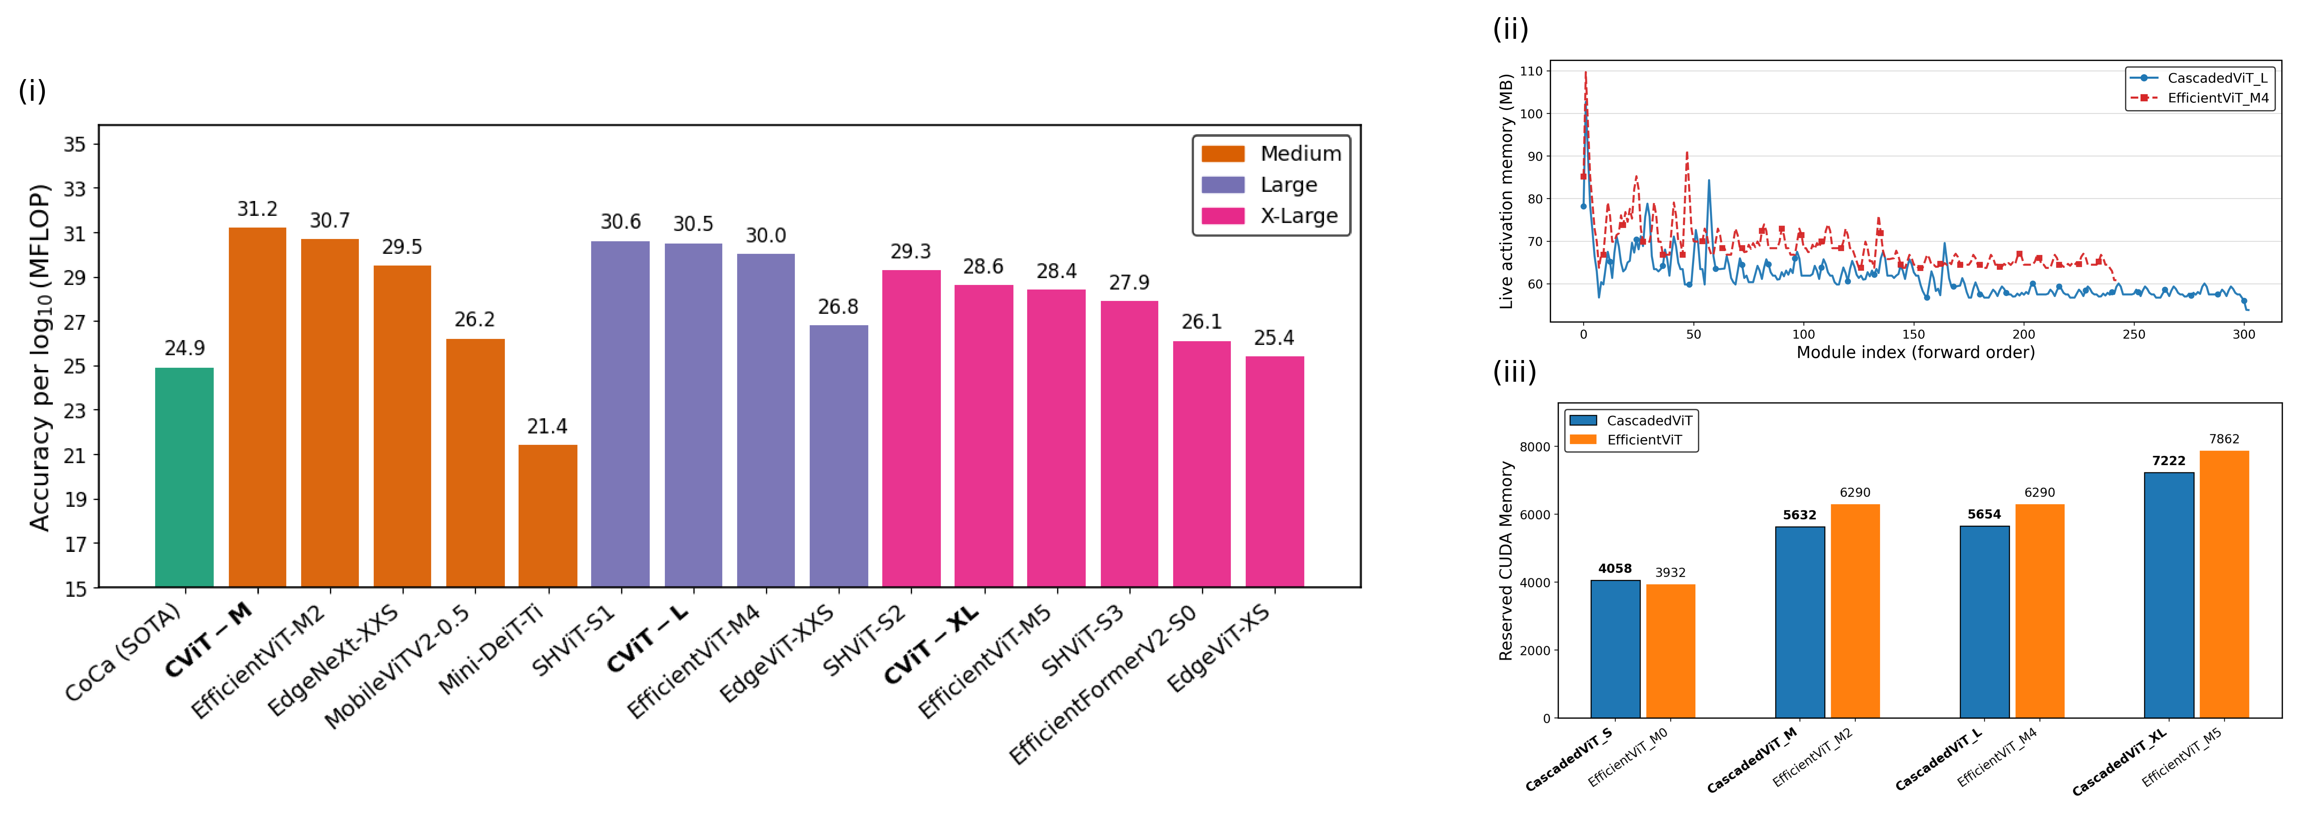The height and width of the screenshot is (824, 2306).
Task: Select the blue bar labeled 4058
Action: pos(1615,649)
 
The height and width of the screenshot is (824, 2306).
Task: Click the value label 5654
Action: pos(1984,515)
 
